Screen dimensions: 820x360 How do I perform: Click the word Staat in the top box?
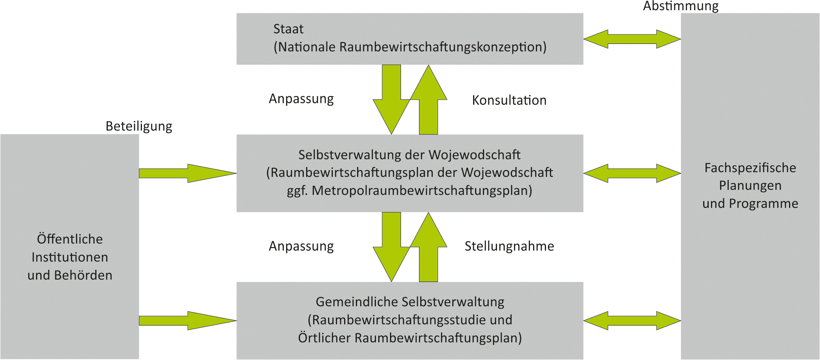(288, 29)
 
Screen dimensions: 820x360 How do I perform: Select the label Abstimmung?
(681, 6)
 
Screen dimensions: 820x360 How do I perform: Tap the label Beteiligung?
(139, 126)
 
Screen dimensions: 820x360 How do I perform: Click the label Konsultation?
(509, 100)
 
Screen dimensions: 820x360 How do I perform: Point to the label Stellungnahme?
(509, 246)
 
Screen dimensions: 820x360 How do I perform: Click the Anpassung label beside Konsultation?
(301, 99)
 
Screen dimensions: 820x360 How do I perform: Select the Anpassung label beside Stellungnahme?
(301, 246)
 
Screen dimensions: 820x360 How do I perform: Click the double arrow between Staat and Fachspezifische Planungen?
(632, 39)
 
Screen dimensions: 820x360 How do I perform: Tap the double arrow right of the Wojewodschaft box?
(632, 173)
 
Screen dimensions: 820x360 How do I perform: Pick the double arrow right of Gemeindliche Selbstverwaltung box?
(632, 321)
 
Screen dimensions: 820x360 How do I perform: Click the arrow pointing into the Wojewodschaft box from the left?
(188, 173)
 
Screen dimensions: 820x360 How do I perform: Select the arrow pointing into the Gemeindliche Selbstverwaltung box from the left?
(188, 321)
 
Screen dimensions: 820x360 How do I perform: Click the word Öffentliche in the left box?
(70, 239)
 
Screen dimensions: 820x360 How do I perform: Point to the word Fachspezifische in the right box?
(750, 168)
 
